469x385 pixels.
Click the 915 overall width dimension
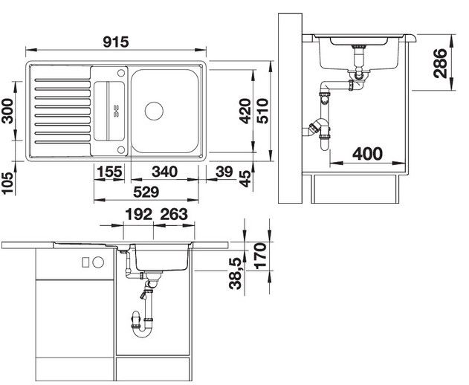pyautogui.click(x=116, y=42)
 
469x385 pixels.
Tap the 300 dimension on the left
pyautogui.click(x=7, y=111)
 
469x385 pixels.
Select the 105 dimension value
pyautogui.click(x=7, y=183)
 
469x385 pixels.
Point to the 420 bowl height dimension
pyautogui.click(x=245, y=111)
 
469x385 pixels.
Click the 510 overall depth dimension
pyautogui.click(x=263, y=111)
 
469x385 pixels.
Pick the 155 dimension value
pyautogui.click(x=110, y=172)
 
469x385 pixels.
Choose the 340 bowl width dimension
pyautogui.click(x=164, y=172)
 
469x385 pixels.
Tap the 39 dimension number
pyautogui.click(x=224, y=172)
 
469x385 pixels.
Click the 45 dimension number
pyautogui.click(x=245, y=178)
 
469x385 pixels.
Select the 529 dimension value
pyautogui.click(x=146, y=192)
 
